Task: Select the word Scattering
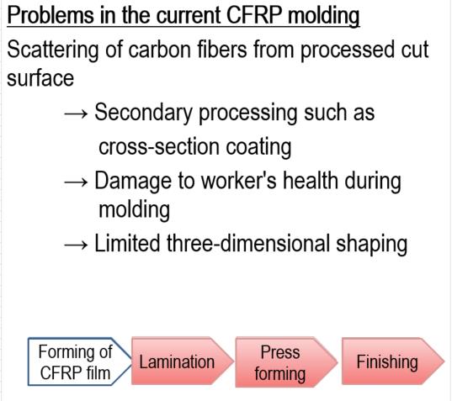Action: tap(53, 50)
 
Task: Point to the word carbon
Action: tap(159, 50)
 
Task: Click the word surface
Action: tap(40, 78)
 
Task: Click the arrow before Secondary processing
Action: tap(76, 114)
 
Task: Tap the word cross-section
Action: tap(159, 147)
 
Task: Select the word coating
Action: tap(258, 147)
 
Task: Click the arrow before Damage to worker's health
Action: tap(76, 182)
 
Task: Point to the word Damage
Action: tap(133, 182)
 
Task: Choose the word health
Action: tap(311, 181)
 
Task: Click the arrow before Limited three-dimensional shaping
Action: tap(76, 245)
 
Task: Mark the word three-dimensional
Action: tap(248, 243)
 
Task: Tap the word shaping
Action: tap(372, 244)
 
